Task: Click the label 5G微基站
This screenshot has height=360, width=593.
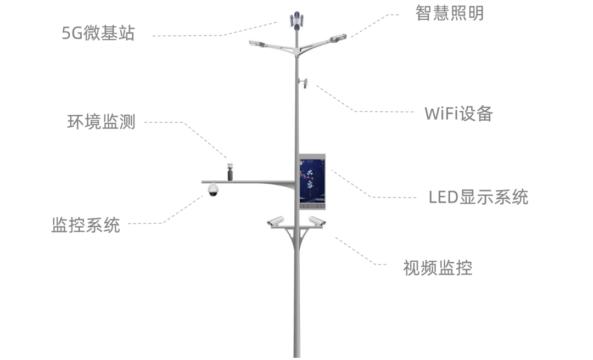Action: point(98,33)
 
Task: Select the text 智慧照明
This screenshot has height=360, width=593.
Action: point(449,13)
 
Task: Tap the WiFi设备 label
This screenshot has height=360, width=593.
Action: point(458,114)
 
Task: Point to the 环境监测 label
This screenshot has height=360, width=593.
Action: point(101,121)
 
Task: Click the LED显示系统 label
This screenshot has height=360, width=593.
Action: point(478,196)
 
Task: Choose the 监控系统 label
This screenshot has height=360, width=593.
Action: point(85,224)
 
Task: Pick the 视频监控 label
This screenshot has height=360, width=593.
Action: point(437,268)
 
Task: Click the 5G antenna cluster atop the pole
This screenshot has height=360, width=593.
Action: point(297,20)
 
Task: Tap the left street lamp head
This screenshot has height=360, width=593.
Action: point(257,43)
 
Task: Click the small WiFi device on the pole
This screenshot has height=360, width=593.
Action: point(303,83)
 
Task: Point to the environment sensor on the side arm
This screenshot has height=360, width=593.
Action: point(231,171)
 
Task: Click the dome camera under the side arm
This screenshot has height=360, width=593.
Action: point(213,190)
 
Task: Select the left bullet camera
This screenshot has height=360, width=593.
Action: point(276,221)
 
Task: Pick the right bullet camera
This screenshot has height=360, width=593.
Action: point(317,221)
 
